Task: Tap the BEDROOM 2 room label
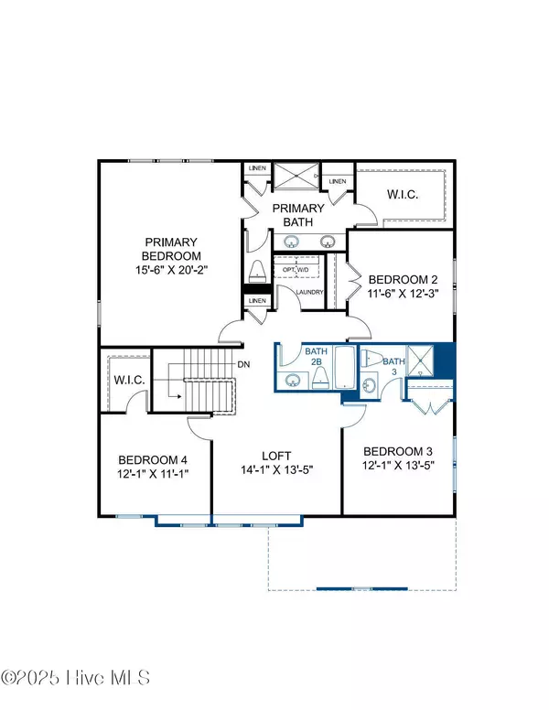tap(404, 280)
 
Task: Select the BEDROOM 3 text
tap(399, 452)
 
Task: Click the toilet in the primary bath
tap(258, 271)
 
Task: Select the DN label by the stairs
tap(244, 363)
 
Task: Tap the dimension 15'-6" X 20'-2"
tap(171, 271)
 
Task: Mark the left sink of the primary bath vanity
tap(292, 242)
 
